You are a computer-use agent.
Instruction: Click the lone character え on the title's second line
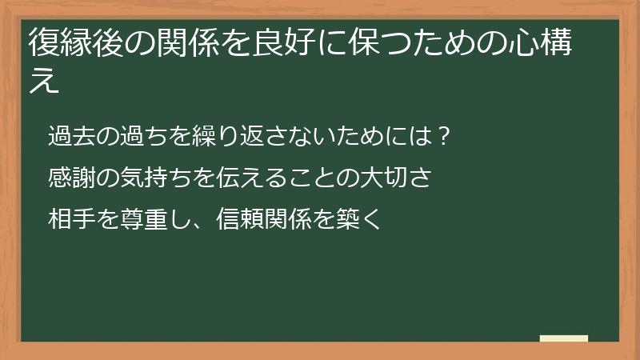pyautogui.click(x=45, y=82)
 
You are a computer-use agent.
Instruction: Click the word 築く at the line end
pyautogui.click(x=361, y=218)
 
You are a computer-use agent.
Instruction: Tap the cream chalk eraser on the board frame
pyautogui.click(x=564, y=339)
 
